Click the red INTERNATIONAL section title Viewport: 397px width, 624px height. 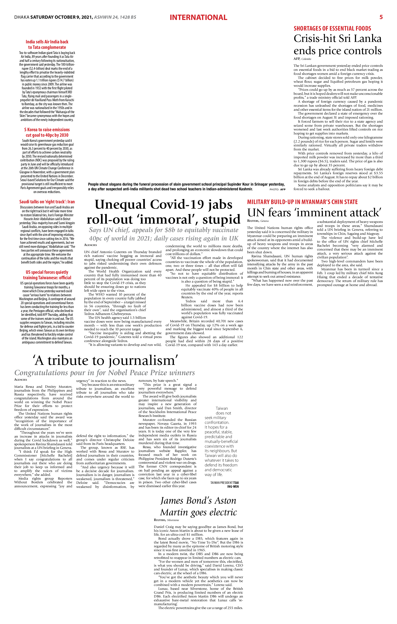tap(198, 18)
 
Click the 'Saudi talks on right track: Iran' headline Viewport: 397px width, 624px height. tap(47, 202)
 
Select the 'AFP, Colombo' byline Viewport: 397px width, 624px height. tap(302, 59)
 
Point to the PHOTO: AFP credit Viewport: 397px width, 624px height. tap(277, 189)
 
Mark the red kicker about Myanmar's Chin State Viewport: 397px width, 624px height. tap(302, 202)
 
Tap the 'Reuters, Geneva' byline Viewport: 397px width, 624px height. tap(258, 221)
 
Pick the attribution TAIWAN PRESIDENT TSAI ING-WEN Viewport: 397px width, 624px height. tap(224, 485)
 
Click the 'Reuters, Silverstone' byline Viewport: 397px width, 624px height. tap(166, 520)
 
